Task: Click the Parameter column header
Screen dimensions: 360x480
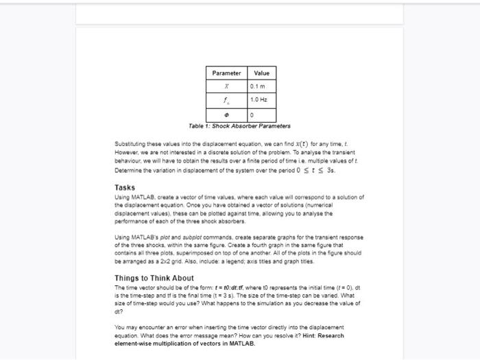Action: coord(226,73)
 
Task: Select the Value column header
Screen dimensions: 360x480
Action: coord(261,73)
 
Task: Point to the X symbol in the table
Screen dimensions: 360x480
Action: coord(226,86)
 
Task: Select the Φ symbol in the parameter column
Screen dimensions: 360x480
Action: coord(226,115)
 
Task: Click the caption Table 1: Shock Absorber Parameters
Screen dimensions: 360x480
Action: coord(240,126)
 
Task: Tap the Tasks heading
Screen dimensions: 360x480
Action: coord(125,187)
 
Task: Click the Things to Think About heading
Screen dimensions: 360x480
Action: coord(154,278)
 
